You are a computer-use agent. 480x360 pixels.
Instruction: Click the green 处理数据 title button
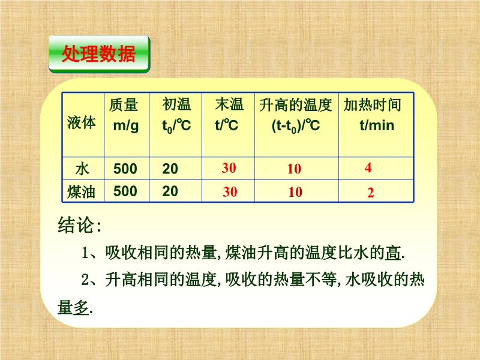pos(100,54)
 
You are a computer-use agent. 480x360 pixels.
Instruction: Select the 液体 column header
pos(82,122)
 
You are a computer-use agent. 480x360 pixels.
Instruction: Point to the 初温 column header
pos(176,115)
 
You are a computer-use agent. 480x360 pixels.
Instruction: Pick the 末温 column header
pos(229,115)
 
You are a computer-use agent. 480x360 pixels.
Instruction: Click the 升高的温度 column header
pos(296,115)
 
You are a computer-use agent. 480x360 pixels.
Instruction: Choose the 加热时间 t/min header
pos(373,115)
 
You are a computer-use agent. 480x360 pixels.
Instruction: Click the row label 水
pos(82,169)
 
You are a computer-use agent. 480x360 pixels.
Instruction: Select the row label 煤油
pos(81,191)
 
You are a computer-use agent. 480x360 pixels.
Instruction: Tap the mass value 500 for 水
pos(125,169)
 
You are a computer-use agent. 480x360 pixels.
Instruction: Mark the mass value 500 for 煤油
pos(125,191)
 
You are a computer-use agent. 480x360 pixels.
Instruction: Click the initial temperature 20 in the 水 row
pos(170,169)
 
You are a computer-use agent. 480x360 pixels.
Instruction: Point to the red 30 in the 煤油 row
pos(230,191)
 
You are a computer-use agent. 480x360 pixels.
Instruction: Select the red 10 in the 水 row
pos(294,169)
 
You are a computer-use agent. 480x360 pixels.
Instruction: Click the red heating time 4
pos(368,167)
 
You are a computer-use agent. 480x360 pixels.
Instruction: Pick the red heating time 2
pos(370,193)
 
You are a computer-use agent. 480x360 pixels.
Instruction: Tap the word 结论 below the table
pos(76,226)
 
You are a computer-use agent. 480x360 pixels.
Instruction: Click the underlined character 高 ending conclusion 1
pos(394,253)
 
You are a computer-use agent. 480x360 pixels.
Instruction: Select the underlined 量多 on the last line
pos(73,307)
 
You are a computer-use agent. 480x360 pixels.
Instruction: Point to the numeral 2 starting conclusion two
pos(85,280)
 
